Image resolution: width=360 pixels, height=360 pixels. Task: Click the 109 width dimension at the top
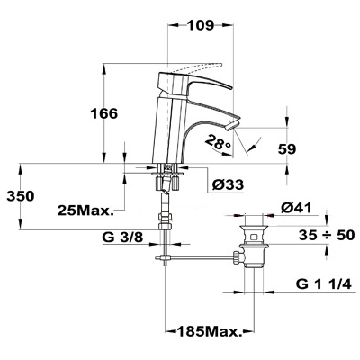coord(201,25)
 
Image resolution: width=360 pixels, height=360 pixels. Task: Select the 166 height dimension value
coord(104,113)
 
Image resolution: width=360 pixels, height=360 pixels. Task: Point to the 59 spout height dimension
coord(287,149)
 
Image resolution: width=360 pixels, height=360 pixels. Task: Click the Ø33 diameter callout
coord(228,184)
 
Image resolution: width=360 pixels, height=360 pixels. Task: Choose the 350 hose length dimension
coord(20,196)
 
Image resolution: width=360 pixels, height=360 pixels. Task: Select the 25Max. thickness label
coord(85,210)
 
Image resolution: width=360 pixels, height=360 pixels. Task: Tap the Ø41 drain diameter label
coord(296,208)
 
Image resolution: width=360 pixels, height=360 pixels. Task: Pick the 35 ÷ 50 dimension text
coord(327,235)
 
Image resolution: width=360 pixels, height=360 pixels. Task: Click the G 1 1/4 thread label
coord(324,284)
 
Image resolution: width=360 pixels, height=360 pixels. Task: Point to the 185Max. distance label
coord(210,331)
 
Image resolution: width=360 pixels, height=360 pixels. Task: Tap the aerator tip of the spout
coord(234,124)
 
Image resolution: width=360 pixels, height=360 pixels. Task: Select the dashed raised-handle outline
coord(196,68)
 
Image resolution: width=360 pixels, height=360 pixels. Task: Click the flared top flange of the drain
coord(254,228)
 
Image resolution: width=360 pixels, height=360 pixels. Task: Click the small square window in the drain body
coord(253,237)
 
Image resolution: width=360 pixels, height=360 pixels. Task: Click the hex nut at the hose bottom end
coord(165,227)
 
